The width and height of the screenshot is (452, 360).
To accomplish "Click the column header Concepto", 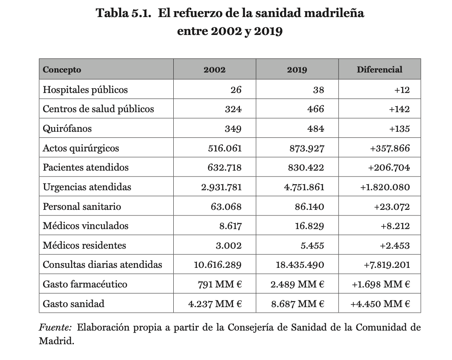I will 62,70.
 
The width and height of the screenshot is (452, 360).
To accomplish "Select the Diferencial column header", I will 379,70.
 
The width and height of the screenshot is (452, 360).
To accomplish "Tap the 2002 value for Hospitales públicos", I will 236,90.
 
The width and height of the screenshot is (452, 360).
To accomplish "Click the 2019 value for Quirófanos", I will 315,129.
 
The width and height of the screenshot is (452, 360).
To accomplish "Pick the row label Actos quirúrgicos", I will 81,148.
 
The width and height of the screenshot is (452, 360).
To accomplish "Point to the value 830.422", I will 306,168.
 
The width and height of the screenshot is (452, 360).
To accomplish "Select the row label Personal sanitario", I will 82,207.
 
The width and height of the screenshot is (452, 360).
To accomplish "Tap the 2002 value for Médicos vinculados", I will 230,226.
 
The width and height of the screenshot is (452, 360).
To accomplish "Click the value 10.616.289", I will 218,265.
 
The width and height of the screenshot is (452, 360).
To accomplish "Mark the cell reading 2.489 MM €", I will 297,285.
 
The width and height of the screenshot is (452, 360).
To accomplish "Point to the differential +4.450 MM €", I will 380,304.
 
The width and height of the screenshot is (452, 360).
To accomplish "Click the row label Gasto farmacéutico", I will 85,285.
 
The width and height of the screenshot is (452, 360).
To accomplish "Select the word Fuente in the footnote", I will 55,328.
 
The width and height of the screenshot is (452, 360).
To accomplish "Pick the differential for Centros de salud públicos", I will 399,109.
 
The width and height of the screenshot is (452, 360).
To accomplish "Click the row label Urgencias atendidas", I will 87,187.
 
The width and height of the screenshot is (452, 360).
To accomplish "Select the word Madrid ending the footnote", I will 56,342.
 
